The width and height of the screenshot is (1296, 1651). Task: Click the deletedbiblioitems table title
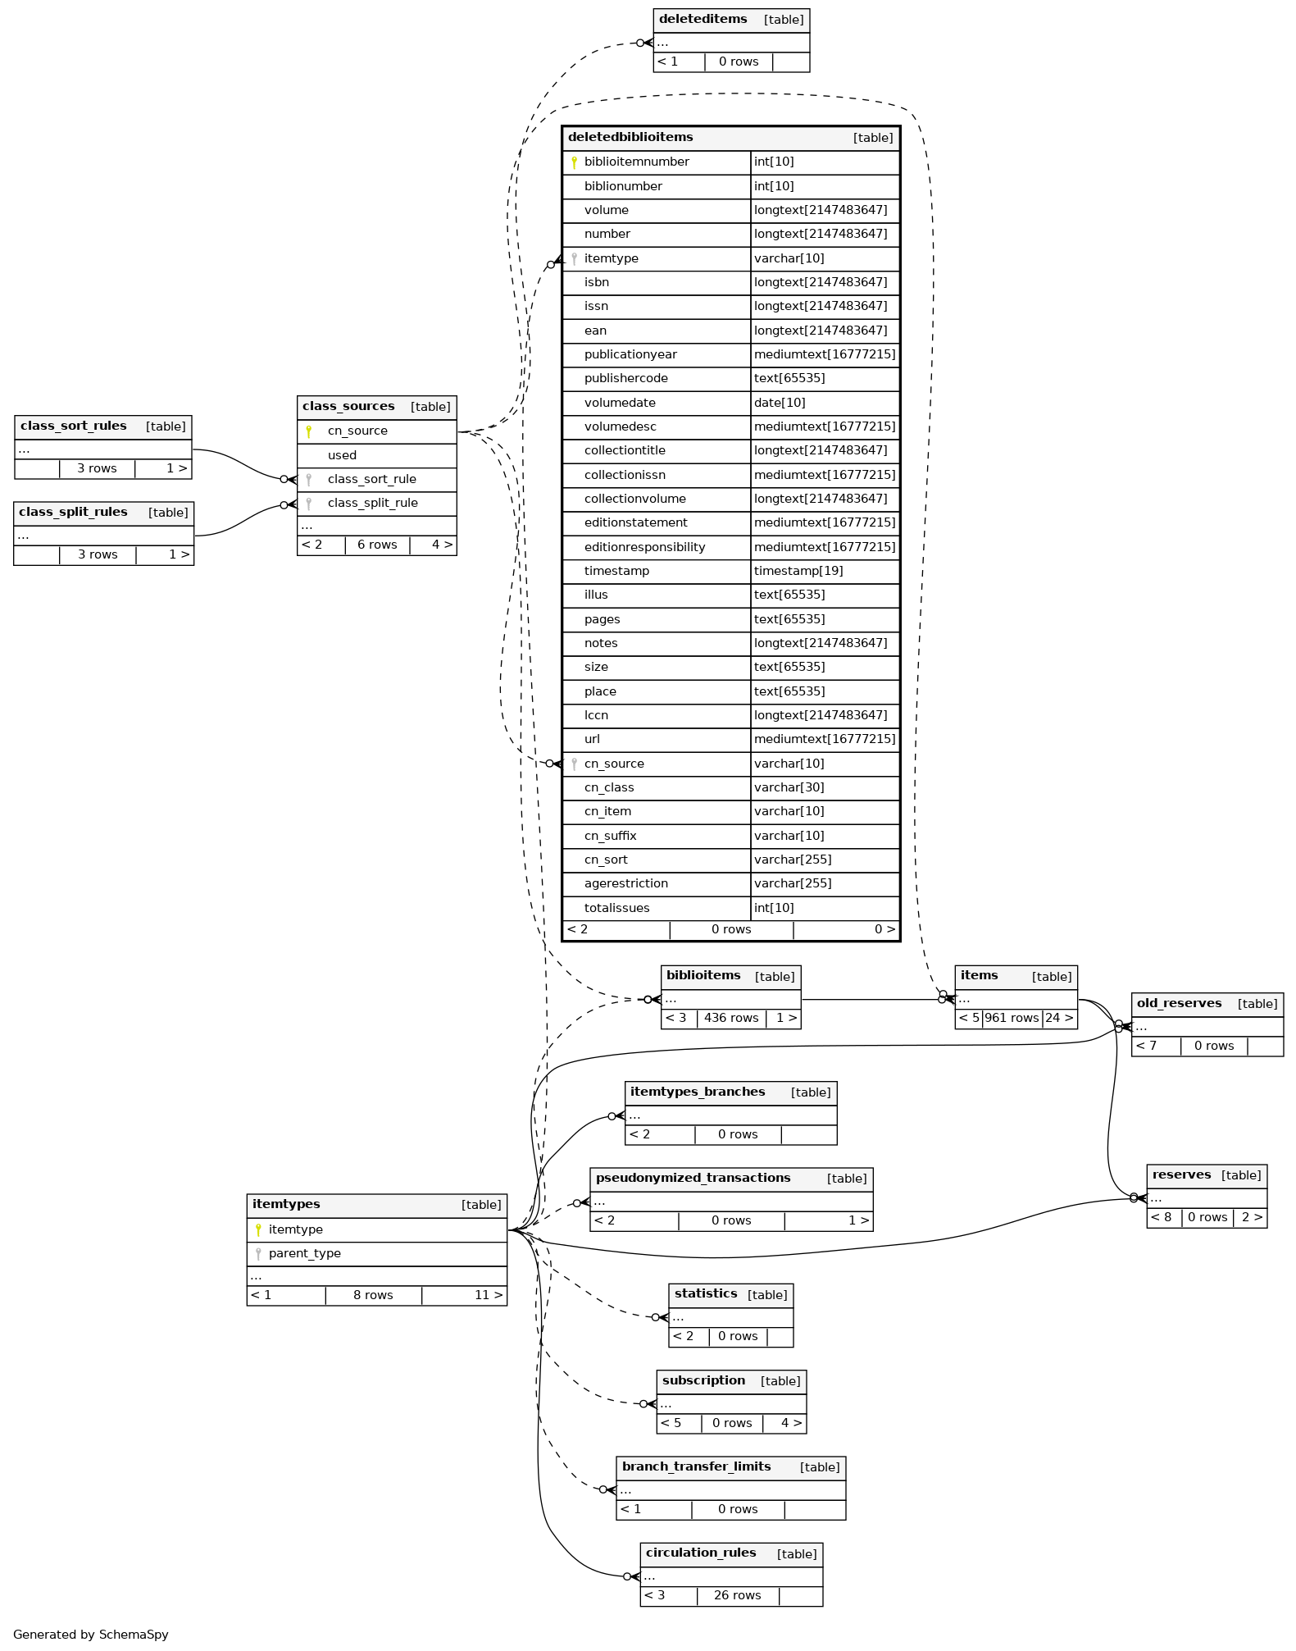click(x=630, y=137)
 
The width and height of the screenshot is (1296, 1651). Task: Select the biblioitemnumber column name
click(x=636, y=162)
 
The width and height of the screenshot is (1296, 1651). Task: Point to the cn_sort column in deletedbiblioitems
click(x=606, y=860)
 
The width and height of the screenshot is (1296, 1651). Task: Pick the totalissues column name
click(x=616, y=908)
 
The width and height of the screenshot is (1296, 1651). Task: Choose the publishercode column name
click(x=625, y=378)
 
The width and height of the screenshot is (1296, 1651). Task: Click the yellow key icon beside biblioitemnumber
click(x=574, y=162)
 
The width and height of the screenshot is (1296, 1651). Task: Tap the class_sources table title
click(x=348, y=406)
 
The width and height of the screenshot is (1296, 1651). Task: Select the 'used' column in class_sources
click(x=342, y=455)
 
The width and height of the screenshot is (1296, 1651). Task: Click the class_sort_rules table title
click(x=74, y=426)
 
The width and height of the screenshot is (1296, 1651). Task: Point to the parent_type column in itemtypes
click(x=304, y=1253)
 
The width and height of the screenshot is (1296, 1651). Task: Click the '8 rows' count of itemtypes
click(x=373, y=1295)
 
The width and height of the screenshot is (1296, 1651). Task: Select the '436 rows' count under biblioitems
click(x=731, y=1018)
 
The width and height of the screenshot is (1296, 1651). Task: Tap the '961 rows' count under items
click(x=1012, y=1018)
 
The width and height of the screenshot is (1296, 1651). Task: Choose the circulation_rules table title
click(x=701, y=1553)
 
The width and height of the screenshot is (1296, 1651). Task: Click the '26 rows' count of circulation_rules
click(x=737, y=1595)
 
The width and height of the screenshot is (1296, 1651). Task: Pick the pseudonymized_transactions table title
click(x=693, y=1178)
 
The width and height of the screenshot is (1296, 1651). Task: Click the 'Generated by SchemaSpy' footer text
click(x=90, y=1635)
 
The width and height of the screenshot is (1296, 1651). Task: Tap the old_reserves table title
click(x=1179, y=1003)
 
